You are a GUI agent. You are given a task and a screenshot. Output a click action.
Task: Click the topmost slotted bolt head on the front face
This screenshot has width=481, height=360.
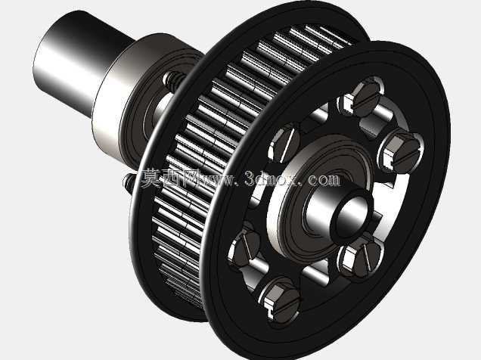pos(365,98)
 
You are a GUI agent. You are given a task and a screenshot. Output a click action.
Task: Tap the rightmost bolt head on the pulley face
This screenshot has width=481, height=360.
pos(405,154)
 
